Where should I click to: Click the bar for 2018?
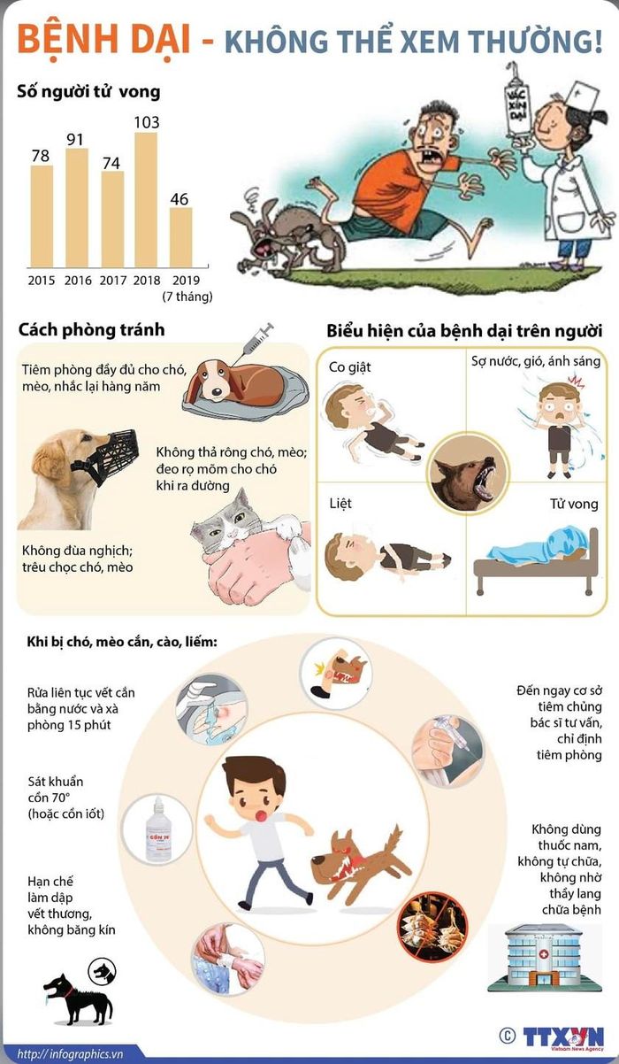point(146,199)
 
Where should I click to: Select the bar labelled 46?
point(181,237)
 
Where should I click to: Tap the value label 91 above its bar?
point(75,140)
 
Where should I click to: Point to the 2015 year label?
point(42,281)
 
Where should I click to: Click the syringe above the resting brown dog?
point(255,340)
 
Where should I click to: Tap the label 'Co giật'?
point(349,367)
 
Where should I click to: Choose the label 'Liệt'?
point(340,503)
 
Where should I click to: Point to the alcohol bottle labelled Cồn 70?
point(157,829)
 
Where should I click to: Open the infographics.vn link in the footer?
point(70,1054)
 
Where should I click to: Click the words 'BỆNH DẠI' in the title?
point(103,40)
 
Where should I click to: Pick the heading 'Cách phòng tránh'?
point(92,329)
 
